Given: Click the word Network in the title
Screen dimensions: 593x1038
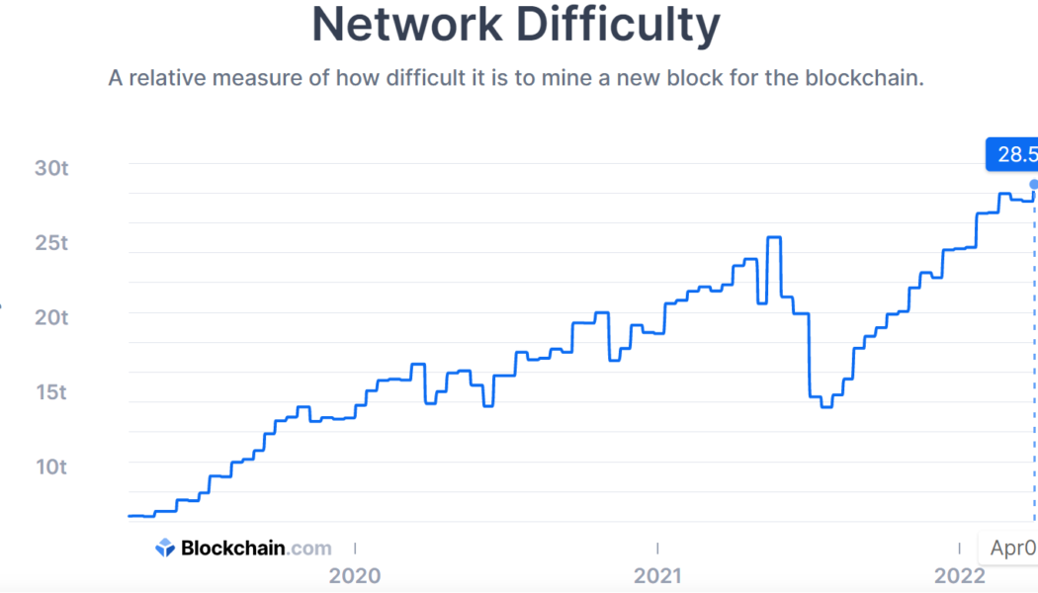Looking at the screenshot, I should click(406, 26).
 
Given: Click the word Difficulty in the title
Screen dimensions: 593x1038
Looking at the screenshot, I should click(618, 26).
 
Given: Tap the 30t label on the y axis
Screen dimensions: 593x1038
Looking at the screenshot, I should click(50, 168).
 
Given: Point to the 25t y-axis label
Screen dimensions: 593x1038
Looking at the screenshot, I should click(50, 243).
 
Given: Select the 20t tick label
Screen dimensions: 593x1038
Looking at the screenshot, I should click(50, 317).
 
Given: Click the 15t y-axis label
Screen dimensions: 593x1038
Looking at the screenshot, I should click(50, 392).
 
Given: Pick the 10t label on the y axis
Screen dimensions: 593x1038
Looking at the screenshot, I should click(50, 466).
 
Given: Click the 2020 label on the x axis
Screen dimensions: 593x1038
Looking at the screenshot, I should click(355, 575).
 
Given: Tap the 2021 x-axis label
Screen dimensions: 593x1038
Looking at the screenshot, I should click(657, 575).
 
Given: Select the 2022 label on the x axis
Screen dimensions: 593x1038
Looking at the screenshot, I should click(959, 575).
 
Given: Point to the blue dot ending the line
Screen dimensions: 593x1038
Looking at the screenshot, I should click(1034, 184).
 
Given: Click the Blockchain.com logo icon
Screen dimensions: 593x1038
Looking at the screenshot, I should click(165, 549).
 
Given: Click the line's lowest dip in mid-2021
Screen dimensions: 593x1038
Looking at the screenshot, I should click(826, 406).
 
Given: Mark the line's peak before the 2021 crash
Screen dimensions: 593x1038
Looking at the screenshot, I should click(774, 237).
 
